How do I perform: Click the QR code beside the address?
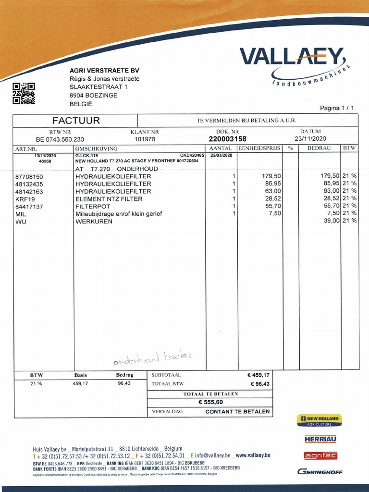pyautogui.click(x=24, y=93)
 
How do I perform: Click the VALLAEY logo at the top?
pyautogui.click(x=293, y=57)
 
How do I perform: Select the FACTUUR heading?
pyautogui.click(x=76, y=121)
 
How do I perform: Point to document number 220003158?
pyautogui.click(x=228, y=139)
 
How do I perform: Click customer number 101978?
pyautogui.click(x=145, y=139)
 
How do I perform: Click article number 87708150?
pyautogui.click(x=29, y=176)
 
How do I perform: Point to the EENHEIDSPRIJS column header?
pyautogui.click(x=259, y=148)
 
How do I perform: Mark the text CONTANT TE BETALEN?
pyautogui.click(x=237, y=412)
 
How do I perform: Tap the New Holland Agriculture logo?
pyautogui.click(x=319, y=420)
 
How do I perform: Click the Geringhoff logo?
pyautogui.click(x=320, y=472)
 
